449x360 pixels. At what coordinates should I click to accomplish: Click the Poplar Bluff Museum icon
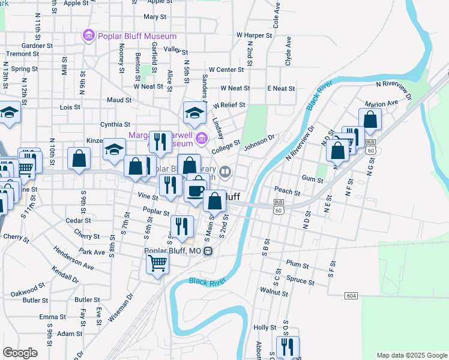click(89, 36)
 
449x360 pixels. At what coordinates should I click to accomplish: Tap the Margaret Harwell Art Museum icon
click(200, 140)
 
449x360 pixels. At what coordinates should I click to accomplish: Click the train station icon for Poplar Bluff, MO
click(207, 251)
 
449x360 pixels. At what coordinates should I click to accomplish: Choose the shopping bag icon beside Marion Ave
click(370, 120)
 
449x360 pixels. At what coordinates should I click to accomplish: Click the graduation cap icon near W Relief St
click(194, 112)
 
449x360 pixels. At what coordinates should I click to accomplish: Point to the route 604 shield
click(352, 296)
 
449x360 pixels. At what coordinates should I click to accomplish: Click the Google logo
click(20, 352)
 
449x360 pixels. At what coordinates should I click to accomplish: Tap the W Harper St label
click(255, 35)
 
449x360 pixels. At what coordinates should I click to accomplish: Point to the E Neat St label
click(281, 88)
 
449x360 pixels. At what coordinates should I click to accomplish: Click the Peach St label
click(287, 192)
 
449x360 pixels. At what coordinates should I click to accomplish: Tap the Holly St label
click(264, 328)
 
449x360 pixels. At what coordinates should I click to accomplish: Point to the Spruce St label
click(300, 281)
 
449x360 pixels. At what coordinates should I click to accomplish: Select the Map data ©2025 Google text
click(411, 355)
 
